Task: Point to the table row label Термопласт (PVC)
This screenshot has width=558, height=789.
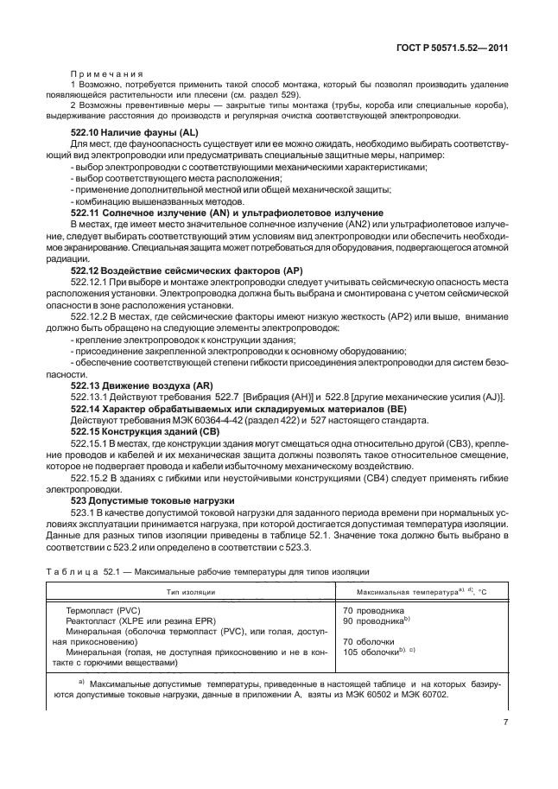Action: coord(104,610)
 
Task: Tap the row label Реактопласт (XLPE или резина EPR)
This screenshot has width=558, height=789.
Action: coord(143,620)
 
